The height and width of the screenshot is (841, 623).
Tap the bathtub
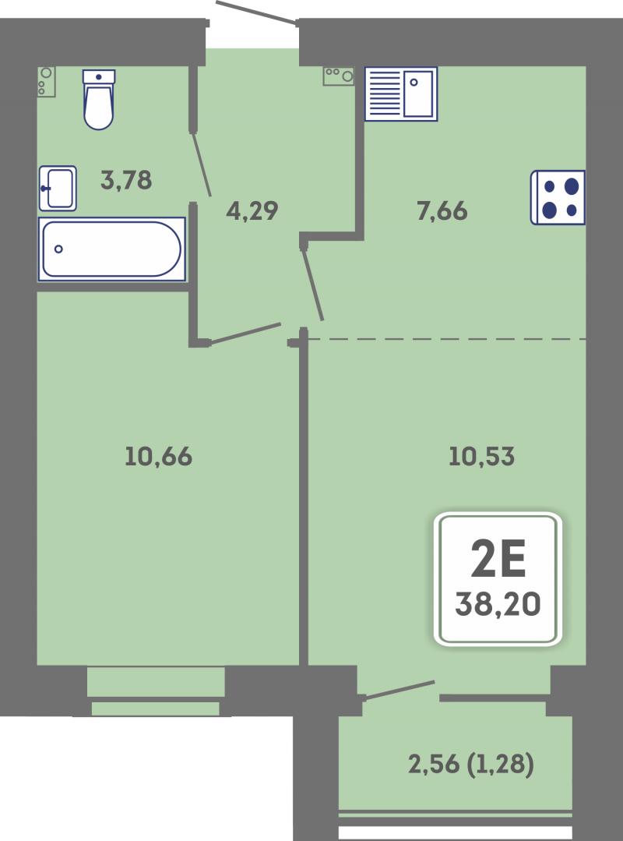[x=111, y=249]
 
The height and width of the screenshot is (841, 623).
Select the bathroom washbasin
[x=58, y=189]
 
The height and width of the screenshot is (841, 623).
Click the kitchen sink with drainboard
[x=401, y=94]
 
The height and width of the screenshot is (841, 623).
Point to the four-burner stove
[x=558, y=197]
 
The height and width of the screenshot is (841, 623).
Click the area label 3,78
[x=126, y=180]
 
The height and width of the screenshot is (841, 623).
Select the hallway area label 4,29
[x=252, y=210]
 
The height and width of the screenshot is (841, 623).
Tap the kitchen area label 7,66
[x=442, y=210]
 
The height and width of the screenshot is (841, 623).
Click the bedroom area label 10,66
[x=158, y=457]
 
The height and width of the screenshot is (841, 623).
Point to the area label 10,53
[x=481, y=457]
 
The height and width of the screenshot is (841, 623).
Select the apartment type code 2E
[x=498, y=558]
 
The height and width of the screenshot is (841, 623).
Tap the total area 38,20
[x=498, y=605]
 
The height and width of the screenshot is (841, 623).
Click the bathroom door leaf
[x=201, y=164]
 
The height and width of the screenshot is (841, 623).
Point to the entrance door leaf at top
[x=256, y=12]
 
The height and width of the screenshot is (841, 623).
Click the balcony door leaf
[x=399, y=690]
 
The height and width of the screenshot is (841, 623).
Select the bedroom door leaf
[x=245, y=333]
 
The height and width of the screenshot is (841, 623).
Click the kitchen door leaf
[x=312, y=284]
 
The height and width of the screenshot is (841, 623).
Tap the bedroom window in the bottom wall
[x=155, y=691]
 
